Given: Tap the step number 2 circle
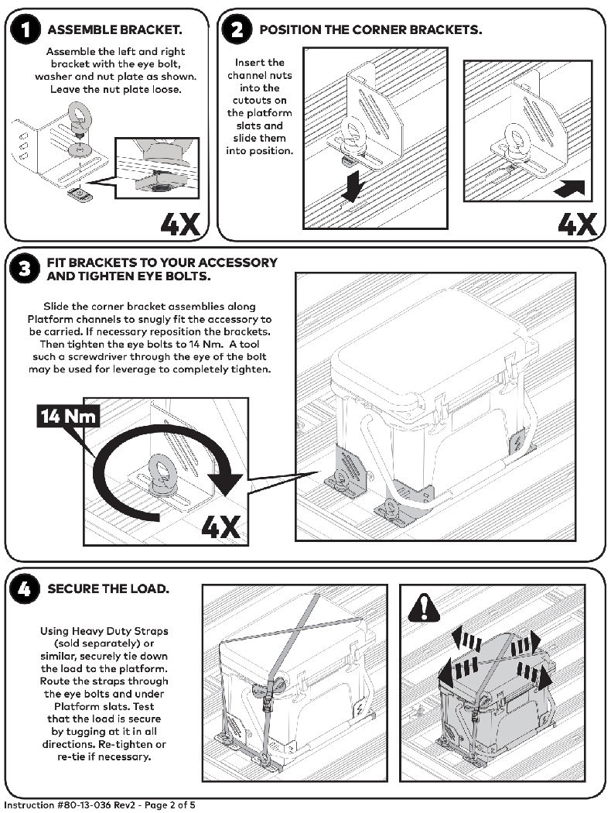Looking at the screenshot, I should (x=237, y=30).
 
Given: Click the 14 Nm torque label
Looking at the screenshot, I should (x=69, y=417).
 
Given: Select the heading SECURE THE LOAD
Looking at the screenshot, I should (x=108, y=589).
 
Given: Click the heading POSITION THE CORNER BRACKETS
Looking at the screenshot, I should (x=370, y=30).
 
